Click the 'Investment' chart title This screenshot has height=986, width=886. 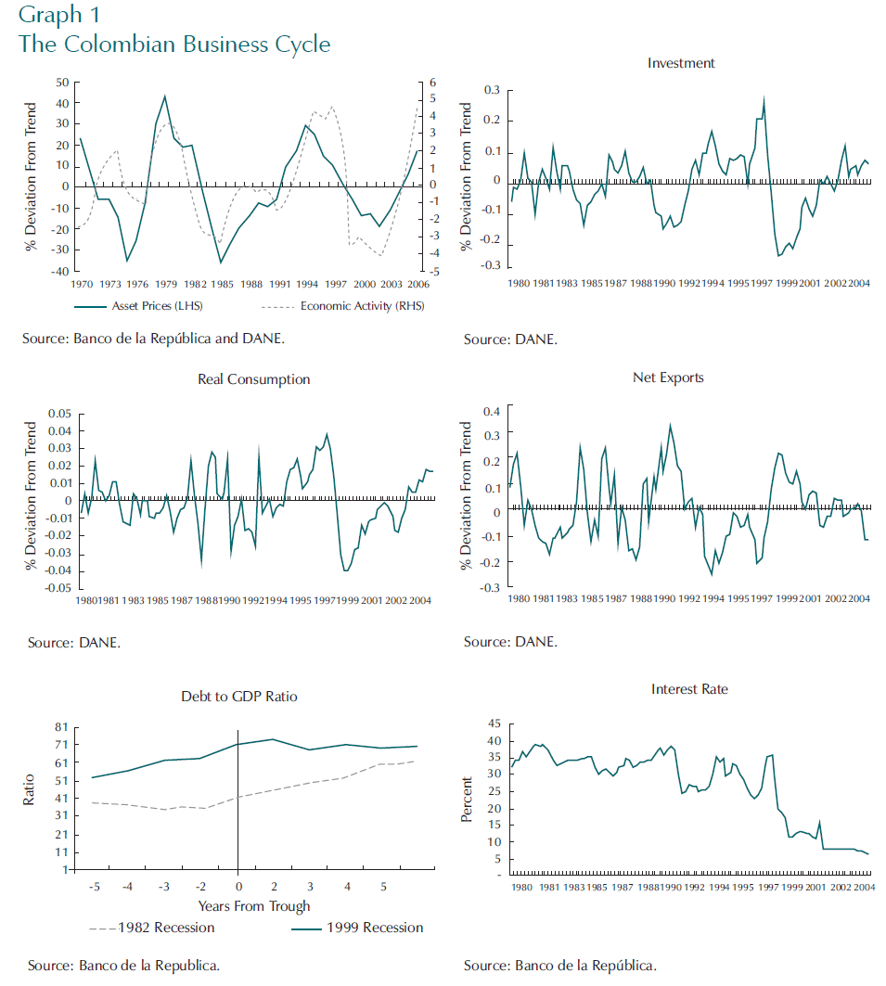pos(681,64)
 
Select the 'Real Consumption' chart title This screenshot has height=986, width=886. pos(254,379)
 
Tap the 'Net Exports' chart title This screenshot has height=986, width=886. pos(668,378)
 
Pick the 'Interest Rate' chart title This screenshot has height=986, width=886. pos(689,689)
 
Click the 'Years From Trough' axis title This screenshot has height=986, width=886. pos(253,906)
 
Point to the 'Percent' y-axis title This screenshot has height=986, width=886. pos(467,799)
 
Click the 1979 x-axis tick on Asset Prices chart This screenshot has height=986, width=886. pos(166,284)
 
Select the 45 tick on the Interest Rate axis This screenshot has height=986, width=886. pos(494,723)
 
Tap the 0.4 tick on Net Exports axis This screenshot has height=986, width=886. pos(493,411)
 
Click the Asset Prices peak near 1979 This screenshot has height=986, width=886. pos(165,96)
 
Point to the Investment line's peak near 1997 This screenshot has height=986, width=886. pos(764,97)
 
